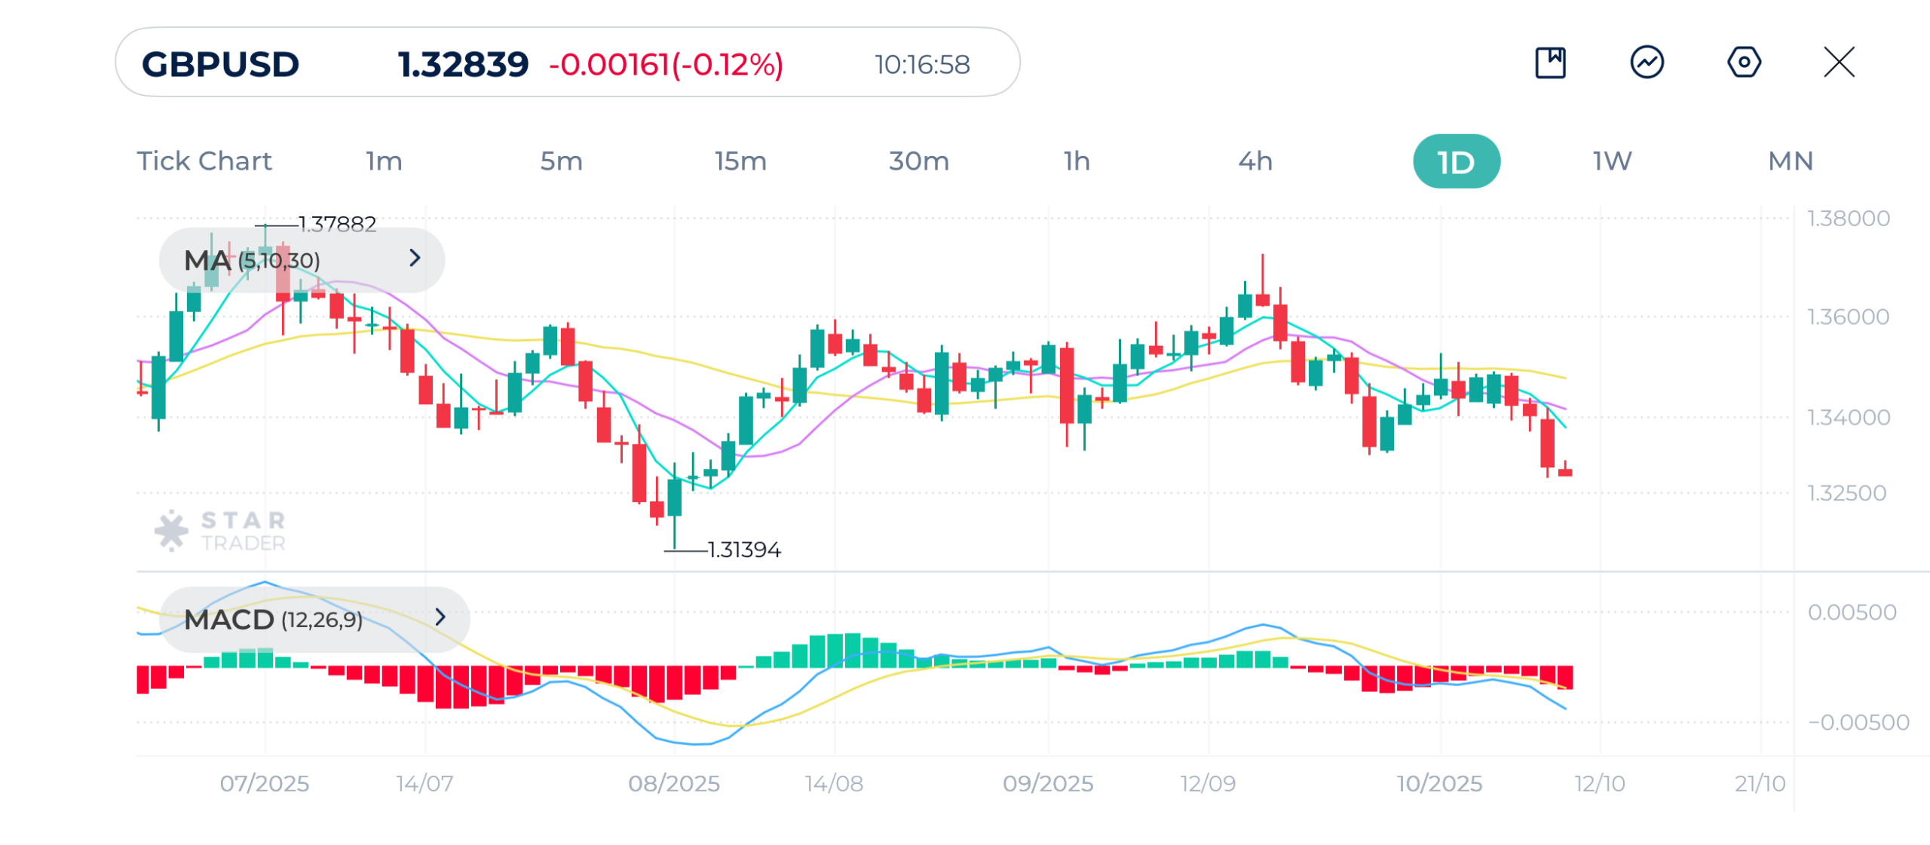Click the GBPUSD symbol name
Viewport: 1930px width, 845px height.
click(220, 64)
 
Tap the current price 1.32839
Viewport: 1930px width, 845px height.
click(463, 64)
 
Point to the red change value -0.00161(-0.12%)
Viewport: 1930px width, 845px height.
click(666, 64)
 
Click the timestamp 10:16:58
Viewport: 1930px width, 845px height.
click(921, 64)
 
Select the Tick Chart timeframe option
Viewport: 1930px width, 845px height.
click(204, 161)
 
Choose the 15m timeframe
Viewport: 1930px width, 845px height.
click(740, 161)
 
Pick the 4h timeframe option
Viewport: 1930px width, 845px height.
click(1255, 161)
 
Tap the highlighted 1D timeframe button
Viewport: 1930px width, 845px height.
click(1456, 161)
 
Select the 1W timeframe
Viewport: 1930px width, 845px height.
click(1612, 161)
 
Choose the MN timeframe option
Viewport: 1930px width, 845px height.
click(1791, 161)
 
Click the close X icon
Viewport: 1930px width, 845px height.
click(1839, 62)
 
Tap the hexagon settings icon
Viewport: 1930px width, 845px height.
click(1744, 62)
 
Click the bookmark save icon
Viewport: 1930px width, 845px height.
click(1550, 62)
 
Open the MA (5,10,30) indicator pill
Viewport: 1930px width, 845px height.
click(302, 260)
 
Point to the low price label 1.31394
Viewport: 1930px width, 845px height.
click(744, 550)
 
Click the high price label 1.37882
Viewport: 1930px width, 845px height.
click(337, 224)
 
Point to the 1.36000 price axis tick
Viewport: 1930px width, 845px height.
click(1848, 317)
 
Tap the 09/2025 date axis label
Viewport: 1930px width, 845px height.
click(1047, 783)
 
